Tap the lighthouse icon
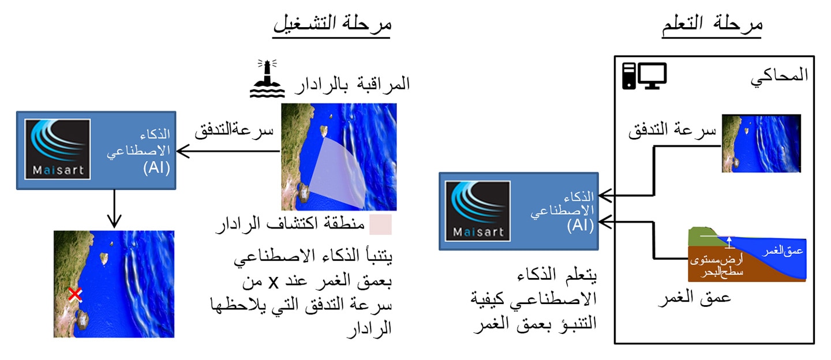point(267,78)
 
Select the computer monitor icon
point(652,76)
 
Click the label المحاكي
point(779,77)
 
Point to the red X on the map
point(76,295)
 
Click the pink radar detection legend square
point(380,224)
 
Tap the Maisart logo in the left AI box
point(58,149)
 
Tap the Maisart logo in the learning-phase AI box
point(478,211)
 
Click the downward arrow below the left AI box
point(114,209)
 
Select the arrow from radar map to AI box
point(228,151)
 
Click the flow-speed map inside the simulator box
point(761,144)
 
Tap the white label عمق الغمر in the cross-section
point(783,252)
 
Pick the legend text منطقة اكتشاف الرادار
point(290,224)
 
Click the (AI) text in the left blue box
point(156,168)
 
